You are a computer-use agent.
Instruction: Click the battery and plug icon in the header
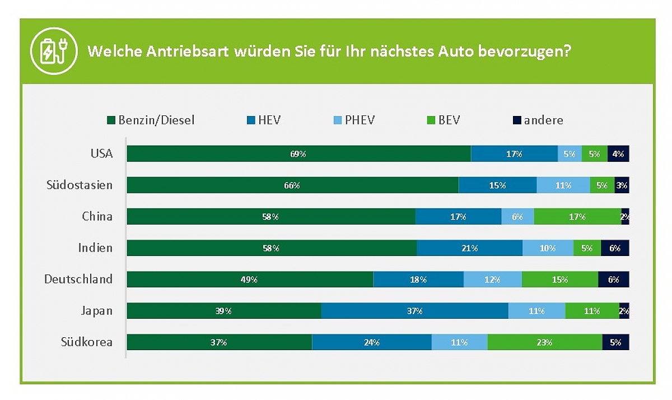[x=54, y=51]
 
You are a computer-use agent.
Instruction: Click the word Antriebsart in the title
[x=188, y=52]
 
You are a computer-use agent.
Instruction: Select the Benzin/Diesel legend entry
[x=151, y=120]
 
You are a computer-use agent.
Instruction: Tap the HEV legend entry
[x=264, y=120]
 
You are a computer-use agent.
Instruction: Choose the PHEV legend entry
[x=354, y=120]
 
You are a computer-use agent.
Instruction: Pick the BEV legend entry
[x=444, y=120]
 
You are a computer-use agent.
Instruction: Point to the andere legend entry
[x=538, y=120]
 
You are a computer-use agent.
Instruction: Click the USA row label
[x=102, y=154]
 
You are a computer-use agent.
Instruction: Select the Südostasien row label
[x=80, y=185]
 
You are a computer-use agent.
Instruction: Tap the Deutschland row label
[x=78, y=279]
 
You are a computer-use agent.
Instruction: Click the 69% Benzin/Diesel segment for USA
[x=299, y=154]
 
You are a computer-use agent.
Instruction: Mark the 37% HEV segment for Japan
[x=414, y=310]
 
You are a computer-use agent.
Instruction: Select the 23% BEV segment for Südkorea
[x=545, y=342]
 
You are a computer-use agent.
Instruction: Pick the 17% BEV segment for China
[x=577, y=216]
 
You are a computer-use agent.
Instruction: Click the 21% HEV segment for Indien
[x=469, y=248]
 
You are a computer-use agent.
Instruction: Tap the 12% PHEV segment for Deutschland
[x=493, y=280]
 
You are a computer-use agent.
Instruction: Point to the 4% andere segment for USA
[x=618, y=154]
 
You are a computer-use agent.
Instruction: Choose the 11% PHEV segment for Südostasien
[x=563, y=185]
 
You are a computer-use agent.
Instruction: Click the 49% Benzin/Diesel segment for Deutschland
[x=250, y=280]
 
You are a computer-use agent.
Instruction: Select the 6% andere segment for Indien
[x=615, y=248]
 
